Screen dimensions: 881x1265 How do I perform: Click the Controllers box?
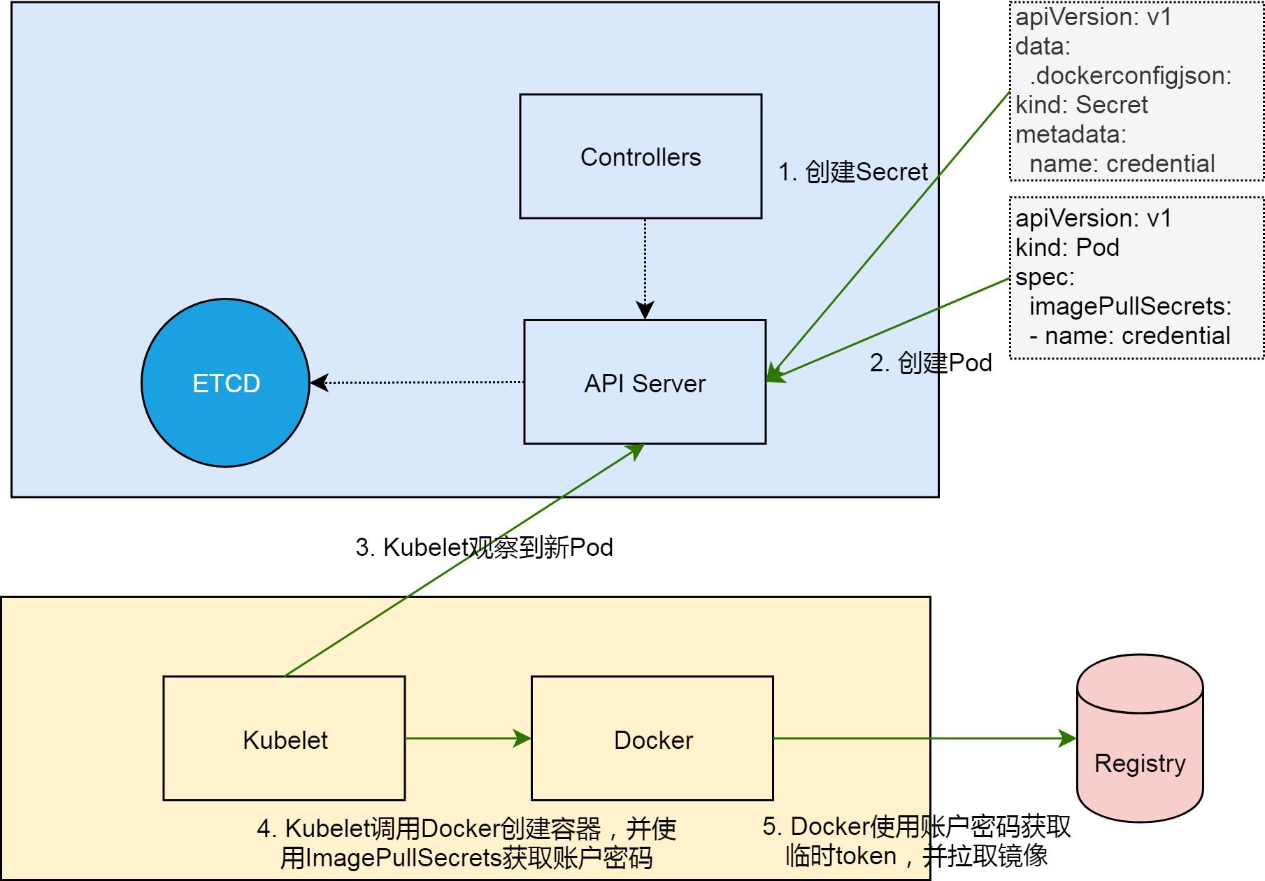(x=640, y=157)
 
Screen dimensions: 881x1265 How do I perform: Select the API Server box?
(x=644, y=382)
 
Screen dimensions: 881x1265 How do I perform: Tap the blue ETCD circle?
(x=226, y=383)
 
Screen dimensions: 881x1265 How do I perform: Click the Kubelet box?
(x=284, y=739)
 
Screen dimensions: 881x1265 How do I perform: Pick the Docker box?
(x=652, y=739)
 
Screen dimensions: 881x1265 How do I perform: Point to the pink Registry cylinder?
(x=1139, y=748)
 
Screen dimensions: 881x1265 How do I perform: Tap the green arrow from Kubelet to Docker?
(x=467, y=738)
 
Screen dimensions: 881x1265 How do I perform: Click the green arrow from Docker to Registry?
(x=923, y=738)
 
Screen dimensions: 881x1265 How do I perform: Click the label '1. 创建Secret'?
(x=852, y=172)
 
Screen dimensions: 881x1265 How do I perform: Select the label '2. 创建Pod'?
(x=930, y=363)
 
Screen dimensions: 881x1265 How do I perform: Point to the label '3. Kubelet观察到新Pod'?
(x=484, y=547)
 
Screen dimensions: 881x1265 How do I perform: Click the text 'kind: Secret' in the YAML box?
(x=1081, y=105)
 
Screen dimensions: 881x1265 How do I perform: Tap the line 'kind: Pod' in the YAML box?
(x=1067, y=248)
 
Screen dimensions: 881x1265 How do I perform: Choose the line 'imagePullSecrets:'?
(x=1130, y=306)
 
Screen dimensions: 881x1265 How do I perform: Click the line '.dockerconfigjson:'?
(x=1130, y=76)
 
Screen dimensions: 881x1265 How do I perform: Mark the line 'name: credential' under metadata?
(x=1122, y=164)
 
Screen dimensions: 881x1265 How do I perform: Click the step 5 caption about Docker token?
(x=916, y=841)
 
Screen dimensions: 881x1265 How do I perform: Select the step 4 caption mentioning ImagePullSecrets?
(x=466, y=843)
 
